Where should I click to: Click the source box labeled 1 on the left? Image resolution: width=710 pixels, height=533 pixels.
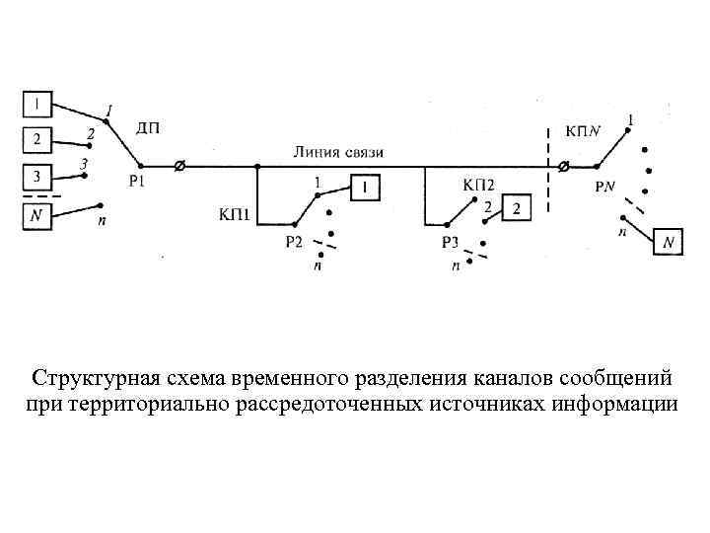point(35,102)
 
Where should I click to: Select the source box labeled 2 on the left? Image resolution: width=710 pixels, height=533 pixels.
point(35,138)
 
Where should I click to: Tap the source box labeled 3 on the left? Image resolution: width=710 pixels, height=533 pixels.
point(35,178)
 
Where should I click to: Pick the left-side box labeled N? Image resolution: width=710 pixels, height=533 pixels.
point(35,214)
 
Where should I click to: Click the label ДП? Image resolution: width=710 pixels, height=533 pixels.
point(148,127)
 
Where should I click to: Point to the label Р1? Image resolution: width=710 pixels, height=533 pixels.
point(139,181)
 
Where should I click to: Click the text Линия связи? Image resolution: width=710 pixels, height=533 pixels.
point(338,152)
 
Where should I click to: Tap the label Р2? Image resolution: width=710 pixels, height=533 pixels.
point(293,244)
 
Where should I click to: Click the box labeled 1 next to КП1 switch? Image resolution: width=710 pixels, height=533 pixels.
point(364,187)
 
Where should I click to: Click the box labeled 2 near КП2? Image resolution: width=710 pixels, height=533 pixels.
point(518,207)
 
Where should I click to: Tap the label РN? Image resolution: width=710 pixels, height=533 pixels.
point(606,187)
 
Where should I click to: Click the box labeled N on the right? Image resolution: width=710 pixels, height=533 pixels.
point(670,241)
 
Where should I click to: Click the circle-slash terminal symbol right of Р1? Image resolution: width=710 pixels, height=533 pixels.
point(178,166)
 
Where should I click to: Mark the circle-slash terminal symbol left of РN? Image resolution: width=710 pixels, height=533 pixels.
point(563,167)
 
